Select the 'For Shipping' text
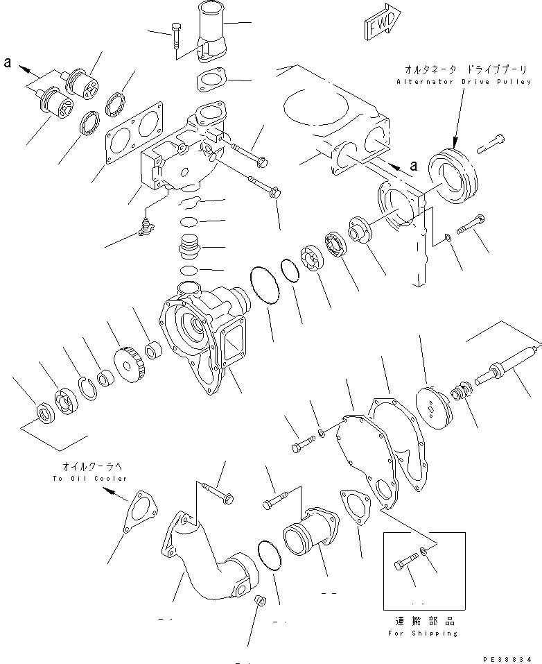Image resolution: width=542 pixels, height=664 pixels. [x=422, y=633]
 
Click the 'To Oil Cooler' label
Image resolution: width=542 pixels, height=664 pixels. [x=90, y=478]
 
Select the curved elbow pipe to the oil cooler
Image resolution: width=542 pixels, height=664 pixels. [x=208, y=555]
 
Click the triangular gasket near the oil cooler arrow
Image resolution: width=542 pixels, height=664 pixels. [x=139, y=513]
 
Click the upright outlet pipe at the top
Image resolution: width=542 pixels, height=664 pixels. [x=207, y=31]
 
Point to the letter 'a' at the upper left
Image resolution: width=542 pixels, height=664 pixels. [x=8, y=63]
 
